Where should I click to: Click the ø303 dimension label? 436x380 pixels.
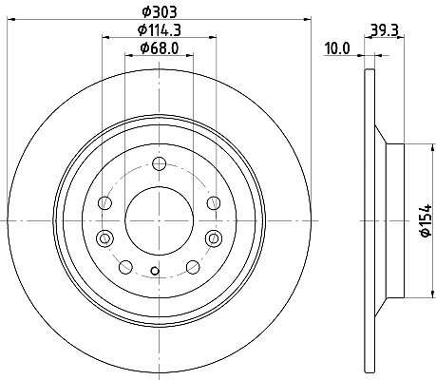point(160,12)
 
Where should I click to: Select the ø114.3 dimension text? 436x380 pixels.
point(160,30)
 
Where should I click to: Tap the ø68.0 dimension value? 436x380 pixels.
point(160,48)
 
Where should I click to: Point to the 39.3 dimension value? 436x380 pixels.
point(384,30)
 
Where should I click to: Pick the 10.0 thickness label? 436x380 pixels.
point(337,48)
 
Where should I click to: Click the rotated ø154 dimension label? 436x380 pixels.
point(426,220)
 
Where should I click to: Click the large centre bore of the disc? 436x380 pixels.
point(159,220)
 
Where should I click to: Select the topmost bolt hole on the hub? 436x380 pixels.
point(159,163)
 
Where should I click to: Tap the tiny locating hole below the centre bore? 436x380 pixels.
point(155,271)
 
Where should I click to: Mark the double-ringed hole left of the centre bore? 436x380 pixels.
point(104,238)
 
